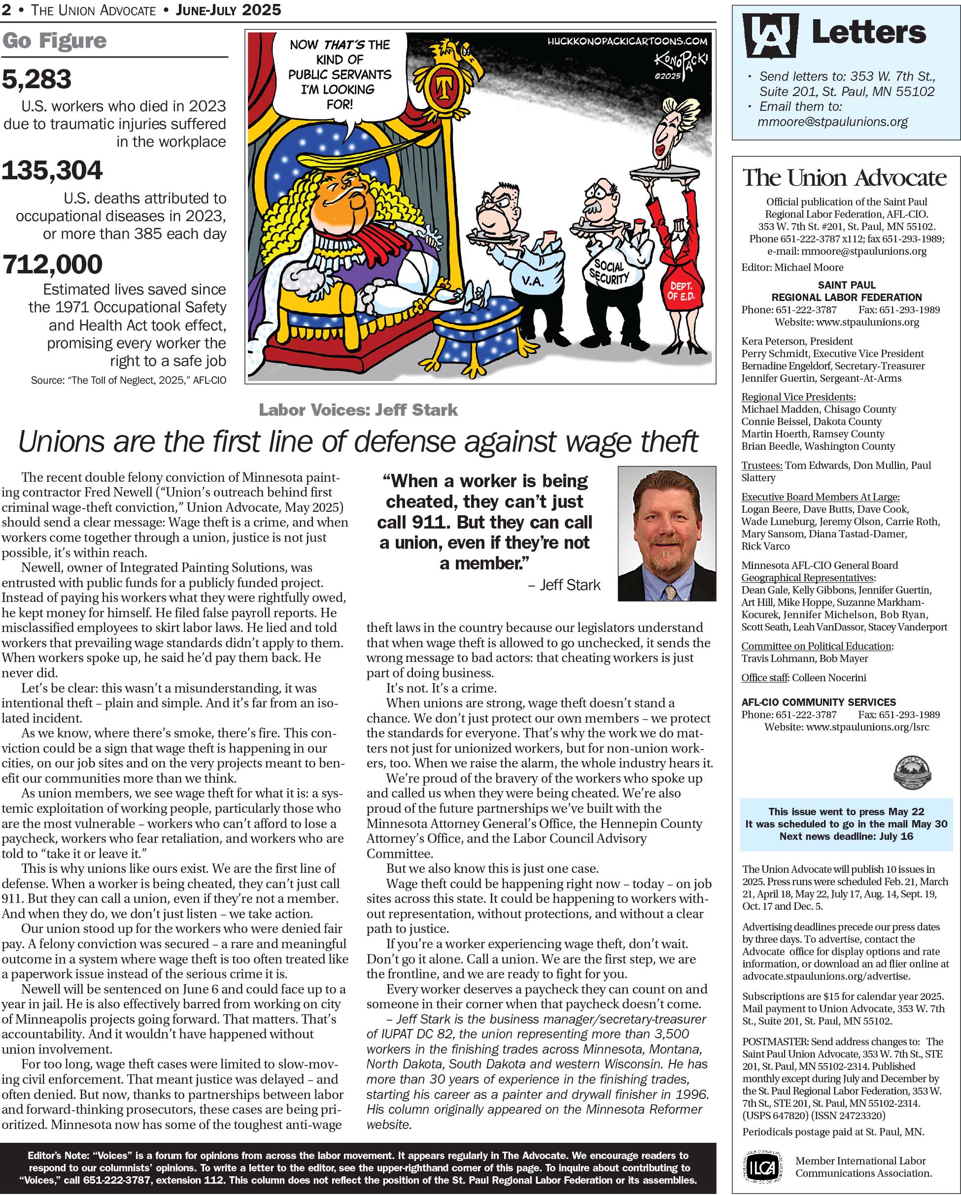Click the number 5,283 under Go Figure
click(36, 79)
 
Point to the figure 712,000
click(52, 265)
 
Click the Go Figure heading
click(54, 41)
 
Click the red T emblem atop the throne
click(443, 87)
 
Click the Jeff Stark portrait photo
click(667, 533)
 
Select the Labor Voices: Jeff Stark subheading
click(358, 410)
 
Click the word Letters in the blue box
click(868, 32)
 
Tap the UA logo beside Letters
click(770, 35)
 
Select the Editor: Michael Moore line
click(792, 267)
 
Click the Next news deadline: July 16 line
click(846, 836)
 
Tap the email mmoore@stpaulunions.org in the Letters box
click(832, 122)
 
